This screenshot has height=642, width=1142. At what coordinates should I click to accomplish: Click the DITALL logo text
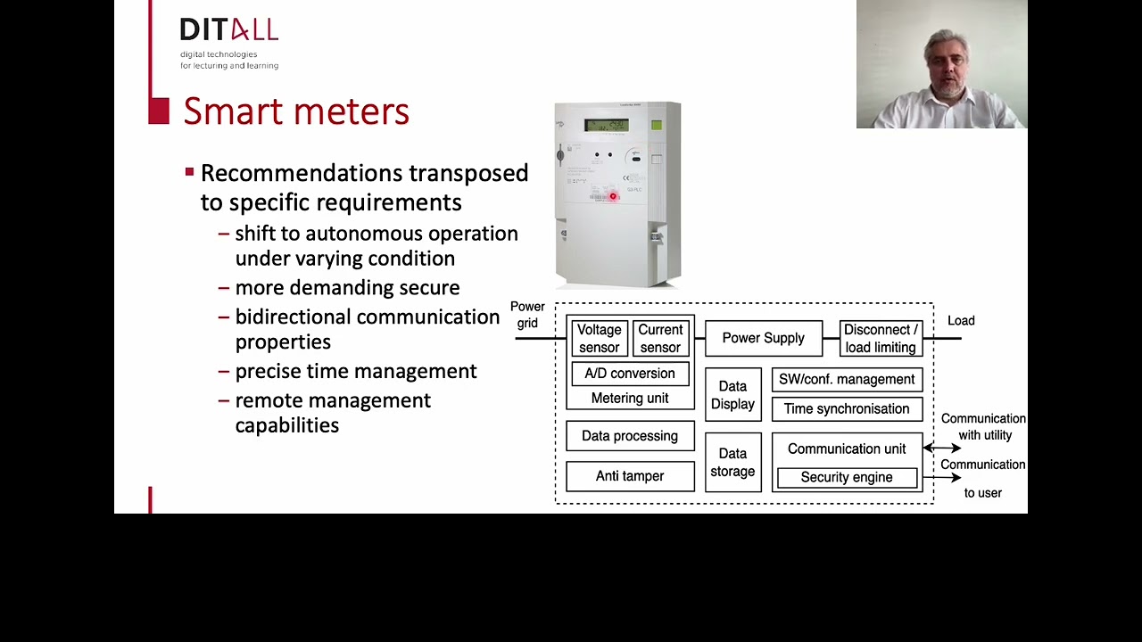[228, 30]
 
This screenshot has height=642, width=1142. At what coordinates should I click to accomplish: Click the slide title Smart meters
[296, 111]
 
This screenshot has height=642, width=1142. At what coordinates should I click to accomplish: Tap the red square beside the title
[159, 111]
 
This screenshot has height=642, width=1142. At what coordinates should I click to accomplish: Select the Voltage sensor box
[599, 339]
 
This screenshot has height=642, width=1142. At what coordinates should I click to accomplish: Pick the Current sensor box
[660, 339]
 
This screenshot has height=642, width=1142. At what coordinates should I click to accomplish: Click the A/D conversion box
[630, 374]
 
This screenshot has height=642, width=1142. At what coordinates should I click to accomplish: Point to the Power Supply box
[763, 338]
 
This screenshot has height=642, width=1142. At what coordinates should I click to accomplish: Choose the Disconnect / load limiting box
[880, 339]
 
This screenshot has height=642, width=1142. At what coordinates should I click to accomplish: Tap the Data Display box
[732, 395]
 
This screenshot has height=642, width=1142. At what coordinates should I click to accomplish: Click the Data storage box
[732, 462]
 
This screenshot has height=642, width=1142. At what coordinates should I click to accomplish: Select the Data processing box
[630, 436]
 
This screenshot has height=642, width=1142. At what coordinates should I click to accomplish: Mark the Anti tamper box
[630, 476]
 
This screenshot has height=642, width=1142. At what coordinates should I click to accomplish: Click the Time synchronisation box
[847, 409]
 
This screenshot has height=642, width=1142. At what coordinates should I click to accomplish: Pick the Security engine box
[847, 478]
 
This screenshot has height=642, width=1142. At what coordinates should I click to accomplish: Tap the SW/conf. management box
[847, 380]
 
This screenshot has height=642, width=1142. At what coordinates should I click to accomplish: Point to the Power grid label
[527, 315]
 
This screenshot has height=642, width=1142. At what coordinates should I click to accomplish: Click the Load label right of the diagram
[961, 321]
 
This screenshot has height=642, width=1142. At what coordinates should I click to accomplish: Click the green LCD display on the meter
[607, 126]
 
